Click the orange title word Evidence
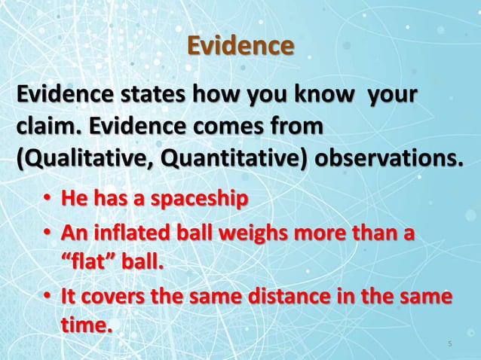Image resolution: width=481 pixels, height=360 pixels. (240, 46)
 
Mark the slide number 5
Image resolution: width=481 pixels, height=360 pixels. (449, 344)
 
